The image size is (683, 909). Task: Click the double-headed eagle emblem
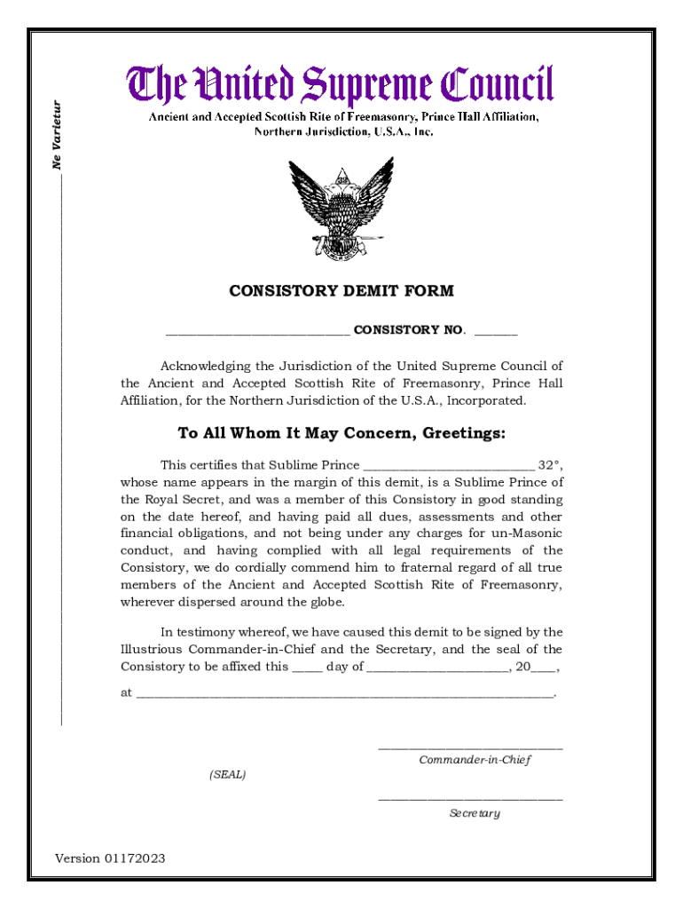[341, 209]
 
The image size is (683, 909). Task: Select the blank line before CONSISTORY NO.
[257, 332]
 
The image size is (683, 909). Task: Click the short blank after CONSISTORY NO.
[496, 332]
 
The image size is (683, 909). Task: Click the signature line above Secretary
[470, 800]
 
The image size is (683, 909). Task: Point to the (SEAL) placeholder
[228, 775]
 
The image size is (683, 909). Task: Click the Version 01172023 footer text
[110, 858]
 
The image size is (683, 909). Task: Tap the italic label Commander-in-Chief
[475, 761]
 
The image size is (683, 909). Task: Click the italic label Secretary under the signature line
[475, 813]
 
